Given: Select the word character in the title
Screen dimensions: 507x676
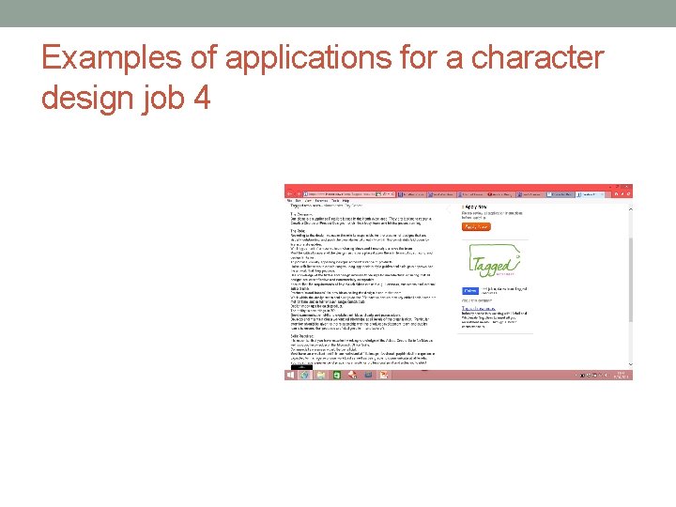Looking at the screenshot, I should (x=538, y=58).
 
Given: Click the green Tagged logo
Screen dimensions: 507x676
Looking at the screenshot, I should (x=493, y=261).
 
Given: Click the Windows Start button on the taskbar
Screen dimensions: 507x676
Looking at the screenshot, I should (x=290, y=375).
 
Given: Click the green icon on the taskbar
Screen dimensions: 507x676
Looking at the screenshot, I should (x=338, y=375).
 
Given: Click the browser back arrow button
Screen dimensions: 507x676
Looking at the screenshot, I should (x=290, y=192).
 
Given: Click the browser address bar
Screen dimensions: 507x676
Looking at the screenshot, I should (x=338, y=192).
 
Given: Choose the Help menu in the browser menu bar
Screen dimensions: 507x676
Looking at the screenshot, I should (x=346, y=200).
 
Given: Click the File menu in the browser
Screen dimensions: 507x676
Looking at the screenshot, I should (x=289, y=200).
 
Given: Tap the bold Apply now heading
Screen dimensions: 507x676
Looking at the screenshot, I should (x=475, y=206).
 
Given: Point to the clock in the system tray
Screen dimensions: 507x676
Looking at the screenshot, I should (x=621, y=375).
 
